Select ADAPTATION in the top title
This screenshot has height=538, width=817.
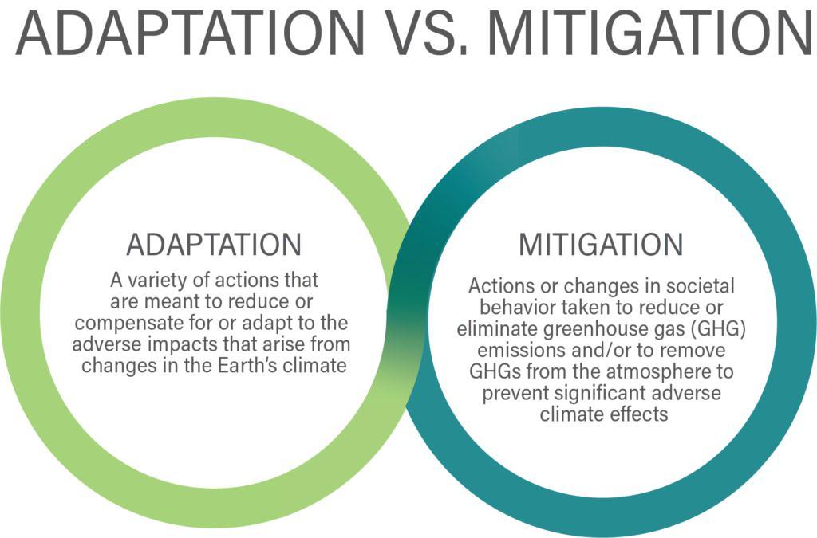pos(190,33)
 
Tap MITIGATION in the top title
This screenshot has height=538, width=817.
pos(651,33)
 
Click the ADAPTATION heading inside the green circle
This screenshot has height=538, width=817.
pos(214,244)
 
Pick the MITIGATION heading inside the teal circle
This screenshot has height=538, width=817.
pos(601,244)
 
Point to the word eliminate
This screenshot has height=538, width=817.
pos(498,329)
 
